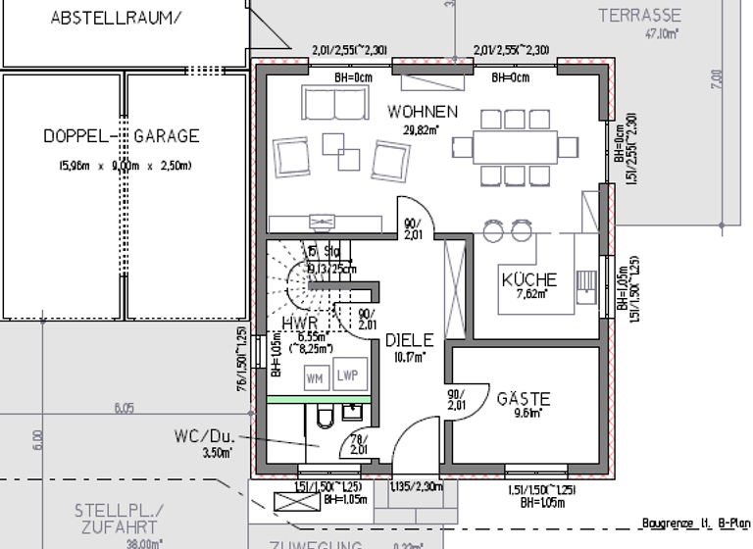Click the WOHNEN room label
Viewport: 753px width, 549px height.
coord(423,111)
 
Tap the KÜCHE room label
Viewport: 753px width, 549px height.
coord(529,278)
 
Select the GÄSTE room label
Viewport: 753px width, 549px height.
coord(524,399)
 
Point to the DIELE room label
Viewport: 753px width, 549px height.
coord(408,340)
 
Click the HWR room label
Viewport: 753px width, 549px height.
coord(298,323)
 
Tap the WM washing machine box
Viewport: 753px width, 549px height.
coord(315,377)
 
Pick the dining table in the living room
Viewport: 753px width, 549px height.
coord(514,147)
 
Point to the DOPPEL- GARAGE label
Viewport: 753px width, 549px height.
coord(122,136)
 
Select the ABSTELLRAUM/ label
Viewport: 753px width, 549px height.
coord(116,18)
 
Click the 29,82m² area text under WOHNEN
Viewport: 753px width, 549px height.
coord(422,128)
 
